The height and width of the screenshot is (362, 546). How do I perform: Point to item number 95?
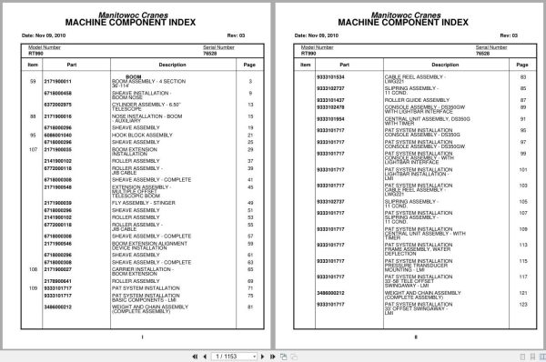pos(32,135)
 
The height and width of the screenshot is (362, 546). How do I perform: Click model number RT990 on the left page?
pos(35,54)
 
